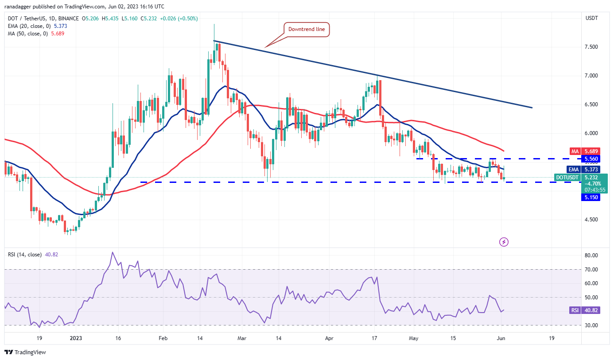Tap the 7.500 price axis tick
coord(593,47)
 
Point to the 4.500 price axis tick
coord(593,220)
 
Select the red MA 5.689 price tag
coord(588,151)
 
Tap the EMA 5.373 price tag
coord(588,169)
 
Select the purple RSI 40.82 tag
coord(585,310)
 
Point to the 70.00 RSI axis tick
coord(592,269)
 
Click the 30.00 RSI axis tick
coord(592,325)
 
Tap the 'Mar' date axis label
coord(241,338)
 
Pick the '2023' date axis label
coord(76,338)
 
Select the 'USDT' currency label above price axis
coord(592,19)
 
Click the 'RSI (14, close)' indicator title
coord(25,255)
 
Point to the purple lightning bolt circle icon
coord(504,242)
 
